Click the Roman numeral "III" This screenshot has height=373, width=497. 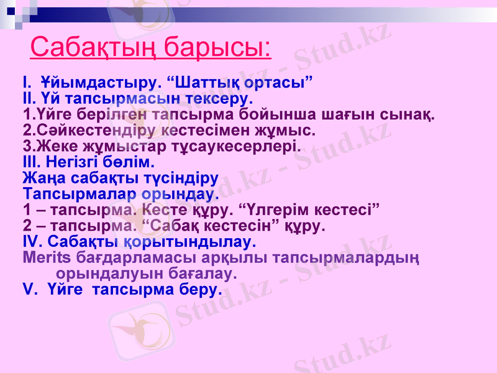pos(30,163)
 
